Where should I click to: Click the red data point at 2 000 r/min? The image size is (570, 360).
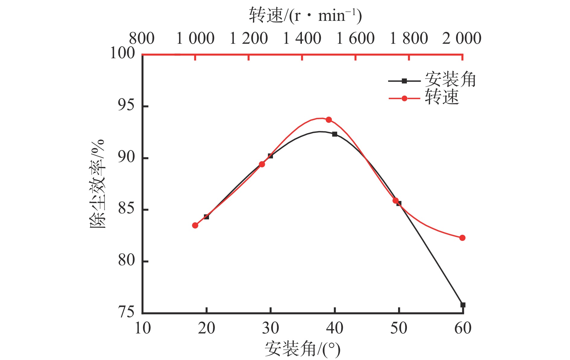click(x=462, y=238)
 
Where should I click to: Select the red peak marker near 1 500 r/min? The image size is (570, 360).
click(x=329, y=120)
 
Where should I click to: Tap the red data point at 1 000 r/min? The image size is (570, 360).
click(x=195, y=225)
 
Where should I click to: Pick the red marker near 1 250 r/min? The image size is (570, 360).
click(x=262, y=164)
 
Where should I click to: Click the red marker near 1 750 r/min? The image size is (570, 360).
click(x=395, y=201)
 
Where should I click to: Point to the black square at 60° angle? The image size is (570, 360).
click(x=463, y=305)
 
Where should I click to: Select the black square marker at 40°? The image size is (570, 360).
click(x=335, y=134)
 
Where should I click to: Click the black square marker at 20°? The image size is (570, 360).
click(x=207, y=217)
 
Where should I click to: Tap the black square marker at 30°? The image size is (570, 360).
click(x=271, y=156)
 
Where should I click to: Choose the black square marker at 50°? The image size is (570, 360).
click(x=399, y=203)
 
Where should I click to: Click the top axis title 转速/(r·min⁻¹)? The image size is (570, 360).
click(x=305, y=16)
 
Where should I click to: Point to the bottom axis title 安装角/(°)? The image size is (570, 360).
click(x=302, y=349)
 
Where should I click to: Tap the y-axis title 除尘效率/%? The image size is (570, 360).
click(x=97, y=184)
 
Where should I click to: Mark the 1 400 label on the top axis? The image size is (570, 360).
click(x=302, y=39)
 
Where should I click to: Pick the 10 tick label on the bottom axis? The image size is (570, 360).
click(x=143, y=328)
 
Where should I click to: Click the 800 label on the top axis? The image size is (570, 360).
click(x=142, y=39)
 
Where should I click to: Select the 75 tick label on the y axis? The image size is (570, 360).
click(x=126, y=312)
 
